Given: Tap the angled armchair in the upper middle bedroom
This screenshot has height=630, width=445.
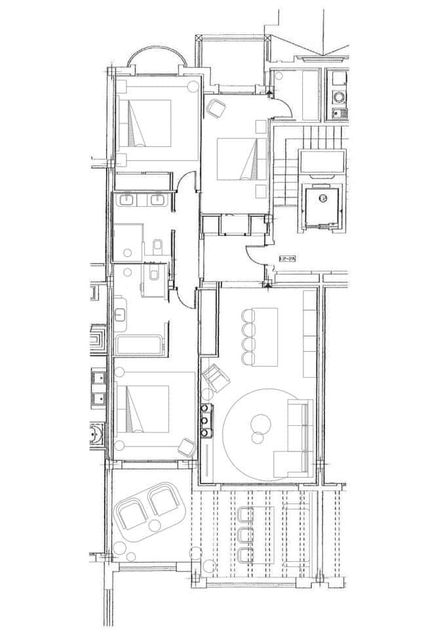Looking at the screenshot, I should point(216,108).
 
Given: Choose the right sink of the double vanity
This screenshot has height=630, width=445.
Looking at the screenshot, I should point(157,199).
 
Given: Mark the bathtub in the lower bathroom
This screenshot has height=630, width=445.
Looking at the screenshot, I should point(138,345).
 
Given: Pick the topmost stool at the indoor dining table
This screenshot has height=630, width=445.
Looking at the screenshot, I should point(248,316).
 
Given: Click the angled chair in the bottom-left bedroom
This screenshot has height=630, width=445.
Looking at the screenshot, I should point(186,447).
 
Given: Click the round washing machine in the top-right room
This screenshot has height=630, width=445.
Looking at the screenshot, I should point(339,96).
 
